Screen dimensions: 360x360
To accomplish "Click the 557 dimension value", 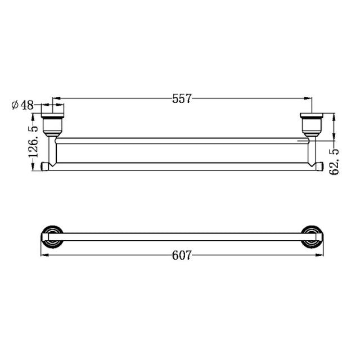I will (x=182, y=99).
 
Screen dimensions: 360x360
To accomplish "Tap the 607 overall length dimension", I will (x=182, y=255).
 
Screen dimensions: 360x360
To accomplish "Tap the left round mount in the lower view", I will (x=52, y=236).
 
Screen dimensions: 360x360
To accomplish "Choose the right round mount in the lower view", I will (x=311, y=236).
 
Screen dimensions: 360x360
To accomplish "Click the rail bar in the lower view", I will (x=182, y=237).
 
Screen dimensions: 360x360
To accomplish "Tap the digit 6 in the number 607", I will (x=175, y=255).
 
